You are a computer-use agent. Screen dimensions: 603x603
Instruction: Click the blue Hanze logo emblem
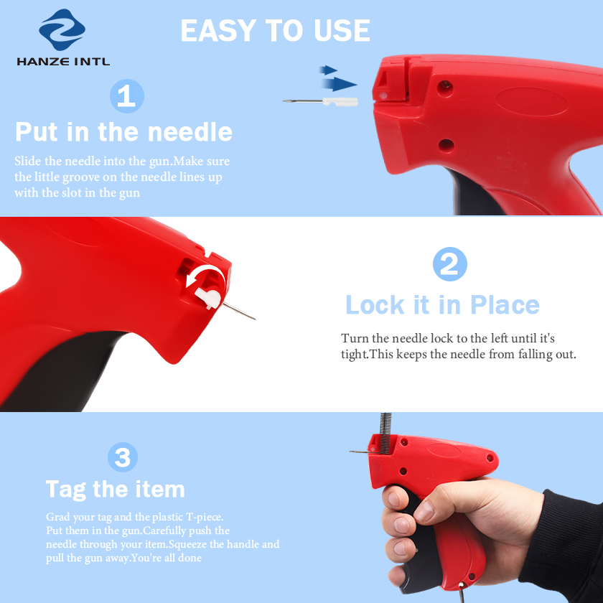pos(62,29)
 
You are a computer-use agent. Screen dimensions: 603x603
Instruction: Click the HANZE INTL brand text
pos(63,62)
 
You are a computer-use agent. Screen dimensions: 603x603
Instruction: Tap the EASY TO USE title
pos(276,30)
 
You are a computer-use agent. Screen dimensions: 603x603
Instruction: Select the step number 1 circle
pos(127,96)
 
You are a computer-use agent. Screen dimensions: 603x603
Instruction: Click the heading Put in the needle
pos(123,132)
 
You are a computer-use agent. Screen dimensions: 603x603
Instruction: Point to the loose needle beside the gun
pos(320,101)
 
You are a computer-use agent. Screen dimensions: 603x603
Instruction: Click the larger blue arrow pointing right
pos(339,84)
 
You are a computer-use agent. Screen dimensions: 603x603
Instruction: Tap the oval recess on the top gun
pos(531,101)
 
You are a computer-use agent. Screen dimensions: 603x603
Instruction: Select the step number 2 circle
pos(450,264)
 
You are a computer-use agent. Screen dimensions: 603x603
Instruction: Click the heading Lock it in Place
pos(442,305)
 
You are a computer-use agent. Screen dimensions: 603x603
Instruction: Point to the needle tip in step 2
pos(255,319)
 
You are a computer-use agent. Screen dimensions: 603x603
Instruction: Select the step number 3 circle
pos(123,457)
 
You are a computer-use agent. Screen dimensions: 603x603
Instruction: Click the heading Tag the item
pos(116,490)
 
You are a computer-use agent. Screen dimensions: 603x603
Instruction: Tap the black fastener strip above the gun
pos(385,433)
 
